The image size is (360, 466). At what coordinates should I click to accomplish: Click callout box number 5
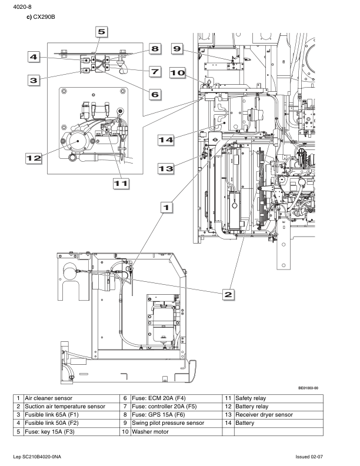102,32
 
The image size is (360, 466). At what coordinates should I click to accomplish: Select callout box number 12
34,158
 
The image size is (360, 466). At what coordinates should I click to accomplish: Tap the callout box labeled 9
177,48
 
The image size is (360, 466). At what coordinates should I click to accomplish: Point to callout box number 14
166,139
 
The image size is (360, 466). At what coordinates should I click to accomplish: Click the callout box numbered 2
228,295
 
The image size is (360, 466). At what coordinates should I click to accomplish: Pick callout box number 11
121,184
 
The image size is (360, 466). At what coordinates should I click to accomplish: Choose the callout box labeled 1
166,207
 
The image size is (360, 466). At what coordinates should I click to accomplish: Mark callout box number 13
166,168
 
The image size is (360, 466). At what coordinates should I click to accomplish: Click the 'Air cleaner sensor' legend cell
72,398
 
